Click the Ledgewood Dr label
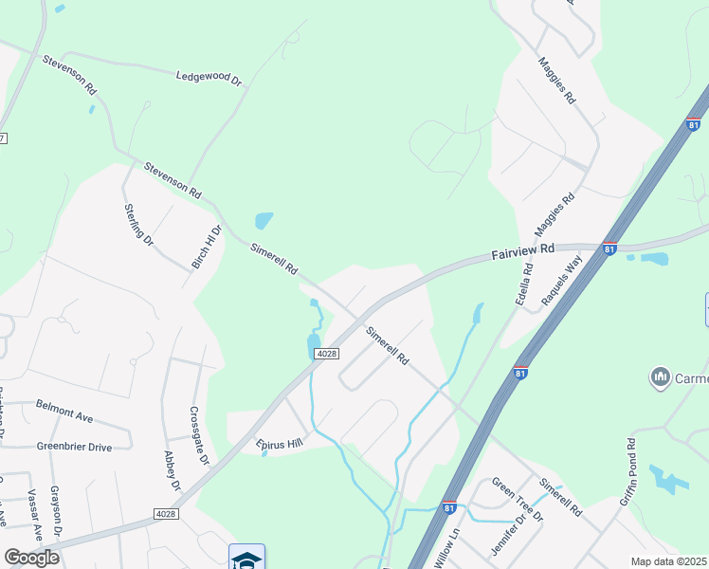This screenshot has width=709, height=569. tap(209, 77)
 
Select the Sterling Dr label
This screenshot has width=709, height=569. tap(138, 226)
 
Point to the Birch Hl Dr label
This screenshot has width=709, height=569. tap(206, 247)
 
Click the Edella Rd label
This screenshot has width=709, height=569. tap(524, 283)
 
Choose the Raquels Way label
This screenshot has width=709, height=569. tap(560, 282)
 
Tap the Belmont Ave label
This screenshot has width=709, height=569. tap(64, 410)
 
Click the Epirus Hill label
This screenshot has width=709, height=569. tap(277, 443)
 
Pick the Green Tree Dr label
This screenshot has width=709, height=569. tap(517, 499)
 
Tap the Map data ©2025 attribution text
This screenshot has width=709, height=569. tap(668, 561)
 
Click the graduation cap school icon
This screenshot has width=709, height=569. tap(246, 557)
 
